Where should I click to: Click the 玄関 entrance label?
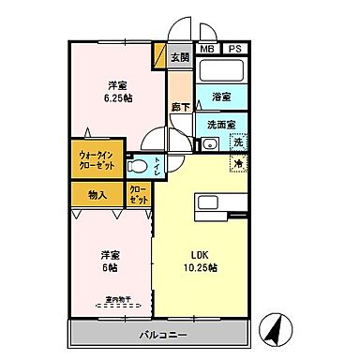(x=179, y=57)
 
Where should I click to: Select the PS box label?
(x=233, y=49)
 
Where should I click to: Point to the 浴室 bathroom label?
(x=222, y=97)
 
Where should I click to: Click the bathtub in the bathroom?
(x=222, y=71)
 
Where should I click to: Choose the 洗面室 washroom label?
(x=222, y=124)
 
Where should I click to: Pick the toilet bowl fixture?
(x=141, y=167)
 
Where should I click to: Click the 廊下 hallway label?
(x=179, y=108)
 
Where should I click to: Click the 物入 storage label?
(x=97, y=195)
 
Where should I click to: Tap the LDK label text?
(x=200, y=254)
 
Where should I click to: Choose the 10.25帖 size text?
(x=200, y=268)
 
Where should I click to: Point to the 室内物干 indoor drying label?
(x=116, y=301)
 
